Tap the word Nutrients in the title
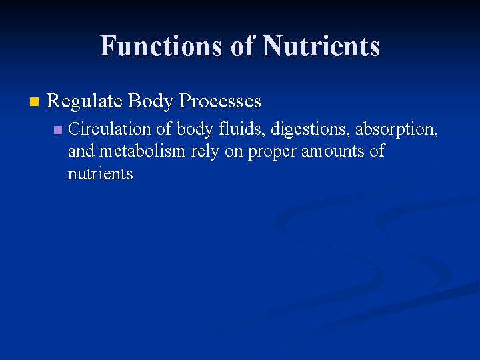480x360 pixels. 321,47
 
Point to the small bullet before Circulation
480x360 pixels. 57,129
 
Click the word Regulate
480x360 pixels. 84,102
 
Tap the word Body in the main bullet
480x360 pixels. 151,101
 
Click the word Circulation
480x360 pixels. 110,129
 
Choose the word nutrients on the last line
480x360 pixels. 100,175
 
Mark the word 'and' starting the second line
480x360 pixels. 81,151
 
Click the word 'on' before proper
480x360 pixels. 234,152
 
